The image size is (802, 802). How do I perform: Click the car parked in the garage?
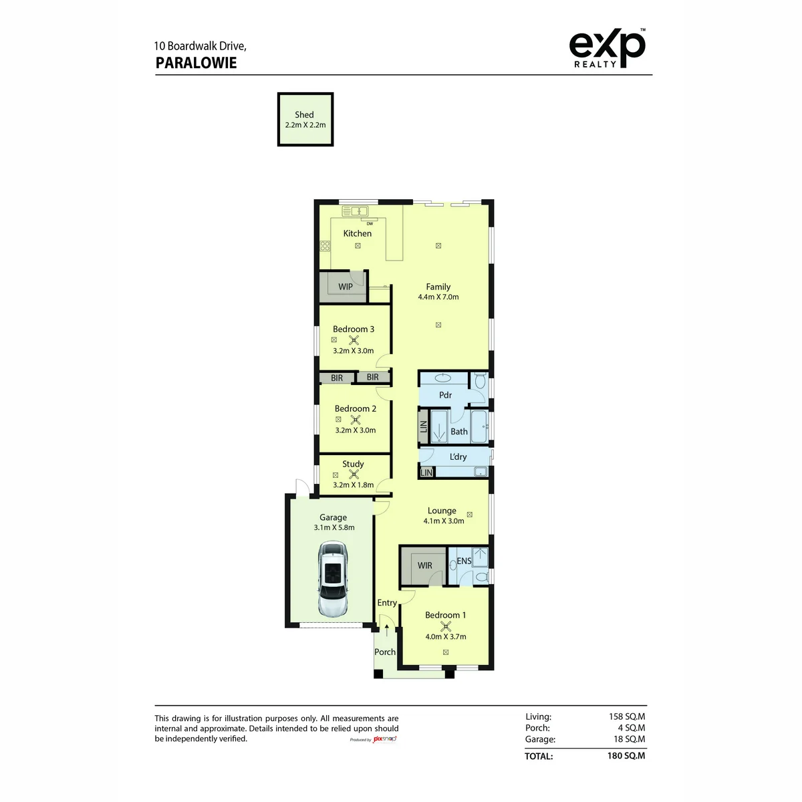coord(332,579)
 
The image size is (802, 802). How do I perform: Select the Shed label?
coord(304,114)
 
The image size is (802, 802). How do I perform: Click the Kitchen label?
coord(357,233)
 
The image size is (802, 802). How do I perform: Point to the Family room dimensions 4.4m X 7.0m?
coord(438,297)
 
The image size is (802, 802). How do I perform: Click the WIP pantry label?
coord(345,286)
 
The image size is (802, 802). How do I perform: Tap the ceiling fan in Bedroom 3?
coord(354,340)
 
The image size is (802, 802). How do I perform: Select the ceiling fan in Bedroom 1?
coord(445,626)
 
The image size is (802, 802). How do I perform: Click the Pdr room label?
coord(445,395)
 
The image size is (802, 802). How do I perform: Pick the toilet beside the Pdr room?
coord(480,380)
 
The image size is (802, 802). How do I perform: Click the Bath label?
coord(459,432)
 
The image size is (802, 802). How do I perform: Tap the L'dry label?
coord(458,456)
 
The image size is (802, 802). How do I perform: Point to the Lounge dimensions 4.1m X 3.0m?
coord(444,521)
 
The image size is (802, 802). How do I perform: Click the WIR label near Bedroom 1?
coord(424,565)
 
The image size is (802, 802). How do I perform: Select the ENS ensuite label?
coord(464,561)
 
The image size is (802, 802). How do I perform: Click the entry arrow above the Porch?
coord(387,630)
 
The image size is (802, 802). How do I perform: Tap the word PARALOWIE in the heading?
coord(196,63)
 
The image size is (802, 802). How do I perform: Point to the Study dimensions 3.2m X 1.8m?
coord(353,485)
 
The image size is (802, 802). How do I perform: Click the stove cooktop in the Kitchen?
coord(325,245)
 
